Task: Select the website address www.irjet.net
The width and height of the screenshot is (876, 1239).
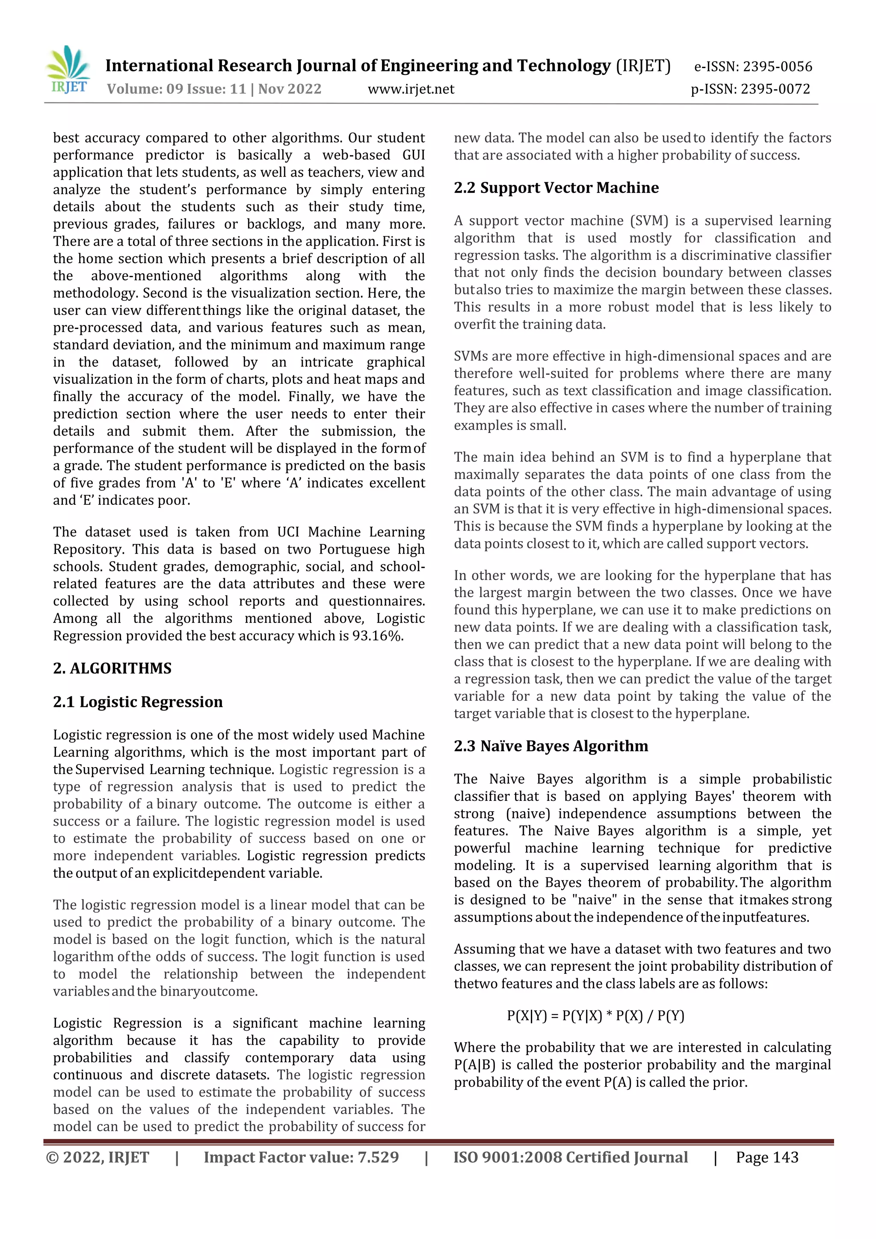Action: click(x=411, y=89)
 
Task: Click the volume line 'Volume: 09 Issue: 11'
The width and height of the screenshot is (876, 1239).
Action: click(x=176, y=89)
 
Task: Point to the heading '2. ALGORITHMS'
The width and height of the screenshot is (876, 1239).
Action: click(x=112, y=668)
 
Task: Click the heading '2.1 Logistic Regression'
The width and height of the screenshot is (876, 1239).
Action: click(x=138, y=702)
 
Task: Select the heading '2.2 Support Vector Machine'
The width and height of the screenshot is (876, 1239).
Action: click(x=556, y=188)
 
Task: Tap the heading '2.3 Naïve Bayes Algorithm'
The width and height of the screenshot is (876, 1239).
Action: click(x=551, y=746)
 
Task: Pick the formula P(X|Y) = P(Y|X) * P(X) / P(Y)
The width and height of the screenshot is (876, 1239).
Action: click(x=595, y=1016)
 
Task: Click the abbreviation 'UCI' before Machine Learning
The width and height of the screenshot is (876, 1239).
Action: click(x=288, y=532)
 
